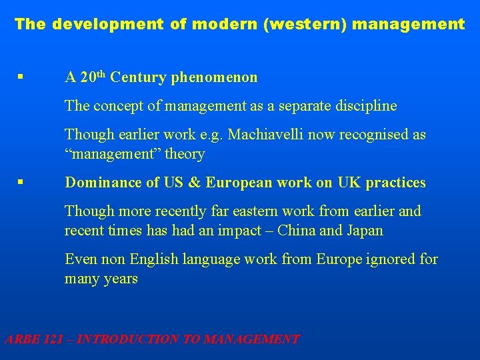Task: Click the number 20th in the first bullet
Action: (x=93, y=77)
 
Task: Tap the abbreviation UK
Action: (x=353, y=183)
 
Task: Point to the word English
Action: (x=153, y=259)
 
